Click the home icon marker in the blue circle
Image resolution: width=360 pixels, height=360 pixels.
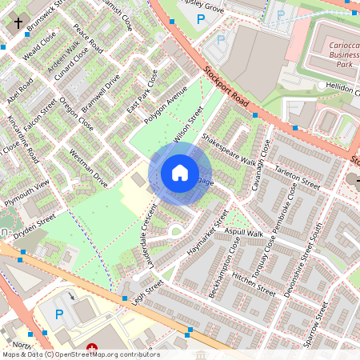(x=180, y=172)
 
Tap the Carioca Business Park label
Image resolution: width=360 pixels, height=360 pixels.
(x=334, y=51)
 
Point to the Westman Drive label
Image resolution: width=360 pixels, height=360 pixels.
(x=88, y=167)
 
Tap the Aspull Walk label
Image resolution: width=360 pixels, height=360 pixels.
(x=244, y=232)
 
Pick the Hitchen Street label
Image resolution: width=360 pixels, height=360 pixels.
(x=254, y=282)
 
